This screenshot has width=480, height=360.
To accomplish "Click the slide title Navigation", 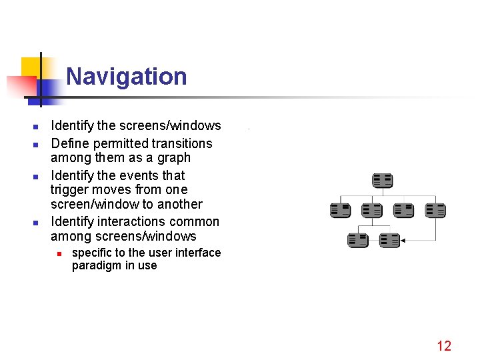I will click(126, 76).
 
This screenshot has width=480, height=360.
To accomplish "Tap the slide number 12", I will click(444, 345).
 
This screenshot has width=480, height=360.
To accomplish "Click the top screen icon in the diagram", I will click(382, 181).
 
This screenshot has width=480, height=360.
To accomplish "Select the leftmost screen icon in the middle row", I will click(340, 211).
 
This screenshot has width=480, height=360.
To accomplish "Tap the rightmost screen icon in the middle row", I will click(435, 211).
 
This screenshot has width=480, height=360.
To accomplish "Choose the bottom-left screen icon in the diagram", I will click(357, 240).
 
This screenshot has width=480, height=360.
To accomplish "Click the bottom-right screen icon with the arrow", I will click(389, 240).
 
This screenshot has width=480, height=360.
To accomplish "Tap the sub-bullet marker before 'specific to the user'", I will click(59, 253).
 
